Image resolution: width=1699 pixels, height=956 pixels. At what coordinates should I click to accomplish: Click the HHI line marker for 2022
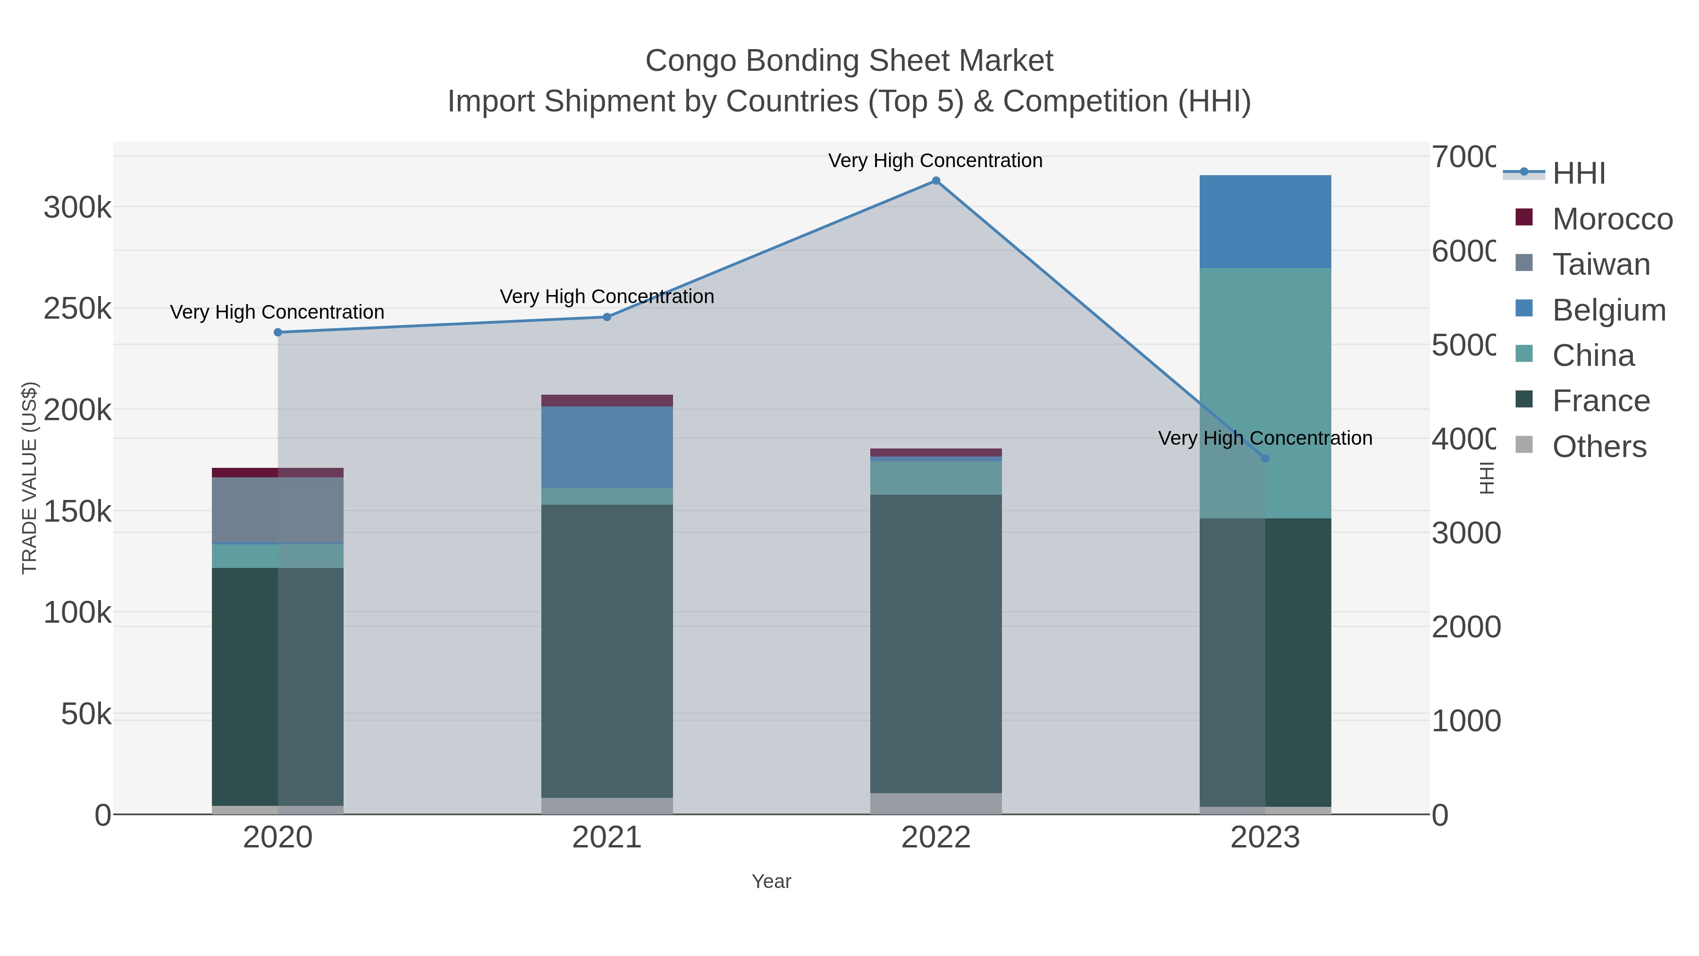pos(935,181)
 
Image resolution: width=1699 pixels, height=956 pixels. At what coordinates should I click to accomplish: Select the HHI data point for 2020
pos(278,332)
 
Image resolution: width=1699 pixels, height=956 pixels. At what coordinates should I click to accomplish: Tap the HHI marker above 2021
pos(607,317)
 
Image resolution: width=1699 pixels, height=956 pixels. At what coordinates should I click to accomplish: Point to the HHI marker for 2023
pos(1265,458)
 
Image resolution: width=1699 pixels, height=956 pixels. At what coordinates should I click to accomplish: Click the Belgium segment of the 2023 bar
pos(1265,222)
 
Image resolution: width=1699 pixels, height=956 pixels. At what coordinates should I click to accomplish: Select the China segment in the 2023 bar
pos(1265,393)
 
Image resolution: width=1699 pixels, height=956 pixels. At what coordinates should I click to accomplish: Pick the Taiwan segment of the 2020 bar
pos(278,510)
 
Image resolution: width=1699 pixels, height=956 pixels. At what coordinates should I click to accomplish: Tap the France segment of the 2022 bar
pos(935,643)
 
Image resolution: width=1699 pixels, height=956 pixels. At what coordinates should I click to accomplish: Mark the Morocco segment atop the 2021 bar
pos(607,400)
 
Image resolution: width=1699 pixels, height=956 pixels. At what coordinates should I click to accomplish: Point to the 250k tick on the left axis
pos(77,309)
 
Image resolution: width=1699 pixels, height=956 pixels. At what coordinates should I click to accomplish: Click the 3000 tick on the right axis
pos(1465,533)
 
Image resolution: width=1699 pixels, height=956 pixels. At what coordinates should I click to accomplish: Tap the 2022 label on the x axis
pos(935,837)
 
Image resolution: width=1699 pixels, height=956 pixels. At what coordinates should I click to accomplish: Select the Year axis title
pos(771,881)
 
